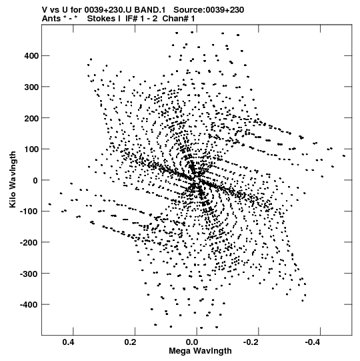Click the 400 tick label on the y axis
click(31, 55)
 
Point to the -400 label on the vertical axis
click(29, 304)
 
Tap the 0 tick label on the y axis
click(35, 180)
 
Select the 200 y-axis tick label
click(31, 118)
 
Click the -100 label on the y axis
click(29, 212)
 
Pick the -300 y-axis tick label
click(29, 274)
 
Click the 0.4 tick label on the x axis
click(69, 342)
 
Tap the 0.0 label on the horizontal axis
click(192, 342)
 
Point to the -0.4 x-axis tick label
click(314, 342)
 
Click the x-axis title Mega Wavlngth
click(200, 351)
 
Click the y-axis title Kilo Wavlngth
click(13, 179)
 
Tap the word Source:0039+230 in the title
click(209, 10)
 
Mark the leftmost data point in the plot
click(50, 204)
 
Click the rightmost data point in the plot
click(344, 156)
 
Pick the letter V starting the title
click(45, 10)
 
